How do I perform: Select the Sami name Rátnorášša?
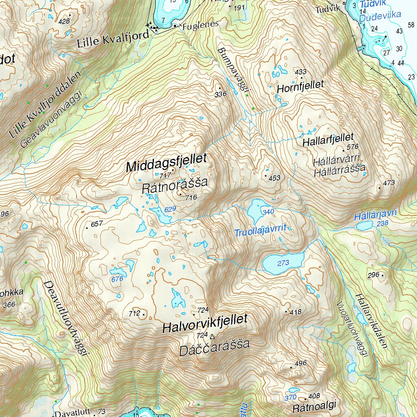point(175,185)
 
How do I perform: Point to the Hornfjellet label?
point(300,86)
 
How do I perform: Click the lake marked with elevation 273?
point(283,263)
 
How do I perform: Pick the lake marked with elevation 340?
point(257,210)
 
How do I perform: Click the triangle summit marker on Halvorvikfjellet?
point(211,336)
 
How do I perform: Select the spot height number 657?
point(97,224)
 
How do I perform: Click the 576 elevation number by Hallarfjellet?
point(352,147)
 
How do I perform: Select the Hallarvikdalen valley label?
point(370,320)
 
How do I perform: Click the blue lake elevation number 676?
point(117,279)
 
